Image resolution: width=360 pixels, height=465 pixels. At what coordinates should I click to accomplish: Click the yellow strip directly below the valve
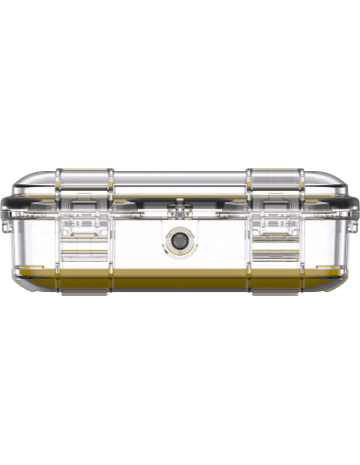point(179,281)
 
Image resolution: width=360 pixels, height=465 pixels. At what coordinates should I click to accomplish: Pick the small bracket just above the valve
point(179,209)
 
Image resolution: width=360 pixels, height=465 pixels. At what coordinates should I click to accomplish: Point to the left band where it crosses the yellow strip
point(84,281)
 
